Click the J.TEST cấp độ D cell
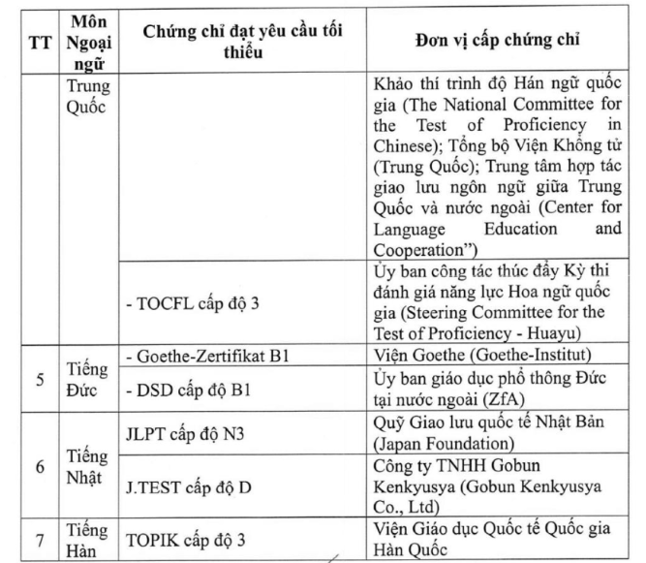coord(183,486)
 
